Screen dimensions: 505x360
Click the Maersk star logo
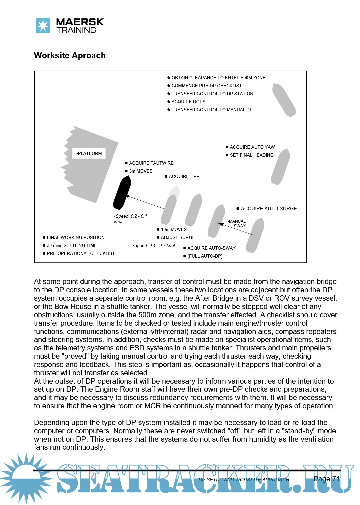coord(43,26)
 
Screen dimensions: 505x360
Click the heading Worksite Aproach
coord(70,56)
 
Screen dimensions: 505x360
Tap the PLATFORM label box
coord(89,153)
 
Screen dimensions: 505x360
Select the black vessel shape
coord(122,193)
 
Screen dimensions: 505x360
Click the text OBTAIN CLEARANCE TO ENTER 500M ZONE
coord(218,78)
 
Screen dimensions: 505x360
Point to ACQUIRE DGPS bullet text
coord(188,102)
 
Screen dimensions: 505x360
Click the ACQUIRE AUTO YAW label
coord(252,147)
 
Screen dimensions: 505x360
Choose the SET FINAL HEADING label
coord(251,155)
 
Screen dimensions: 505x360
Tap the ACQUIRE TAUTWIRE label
coord(151,163)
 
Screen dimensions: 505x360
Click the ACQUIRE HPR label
coord(184,176)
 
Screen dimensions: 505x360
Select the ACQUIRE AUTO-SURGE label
coord(268,209)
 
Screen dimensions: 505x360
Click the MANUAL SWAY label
coord(237,223)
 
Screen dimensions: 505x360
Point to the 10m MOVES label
coord(174,229)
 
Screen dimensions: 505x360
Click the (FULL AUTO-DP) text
coord(205,256)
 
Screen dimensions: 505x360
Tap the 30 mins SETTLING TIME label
coord(72,245)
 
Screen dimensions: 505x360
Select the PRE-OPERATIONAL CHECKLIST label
coord(81,253)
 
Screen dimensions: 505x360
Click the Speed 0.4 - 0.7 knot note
coord(154,245)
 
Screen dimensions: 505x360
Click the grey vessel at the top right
coord(284,100)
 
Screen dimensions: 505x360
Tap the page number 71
coord(336,479)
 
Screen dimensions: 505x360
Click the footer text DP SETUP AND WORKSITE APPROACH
coord(244,480)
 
